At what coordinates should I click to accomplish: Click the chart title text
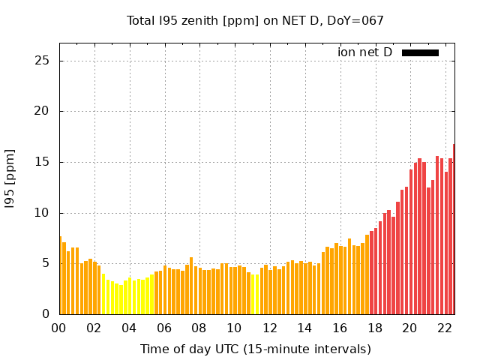pos(255,21)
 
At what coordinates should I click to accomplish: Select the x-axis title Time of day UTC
pos(255,349)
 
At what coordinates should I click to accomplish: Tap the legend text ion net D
pos(364,52)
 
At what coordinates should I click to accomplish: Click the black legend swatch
pos(420,52)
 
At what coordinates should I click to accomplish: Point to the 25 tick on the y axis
pos(43,61)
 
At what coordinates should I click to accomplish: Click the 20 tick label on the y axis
pos(43,112)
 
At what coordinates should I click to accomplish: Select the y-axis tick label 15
pos(43,162)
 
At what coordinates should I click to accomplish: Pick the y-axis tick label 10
pos(43,213)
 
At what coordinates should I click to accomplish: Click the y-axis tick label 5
pos(46,263)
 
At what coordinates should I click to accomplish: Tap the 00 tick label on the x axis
pos(59,328)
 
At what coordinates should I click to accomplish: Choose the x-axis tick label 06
pos(164,328)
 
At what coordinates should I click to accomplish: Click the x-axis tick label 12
pos(269,328)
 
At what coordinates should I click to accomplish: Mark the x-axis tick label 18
pos(374,328)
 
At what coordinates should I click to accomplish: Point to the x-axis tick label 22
pos(444,328)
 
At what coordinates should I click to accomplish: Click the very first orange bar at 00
pos(60,275)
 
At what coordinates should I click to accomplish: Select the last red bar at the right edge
pos(454,229)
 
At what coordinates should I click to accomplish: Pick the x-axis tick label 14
pos(304,328)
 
